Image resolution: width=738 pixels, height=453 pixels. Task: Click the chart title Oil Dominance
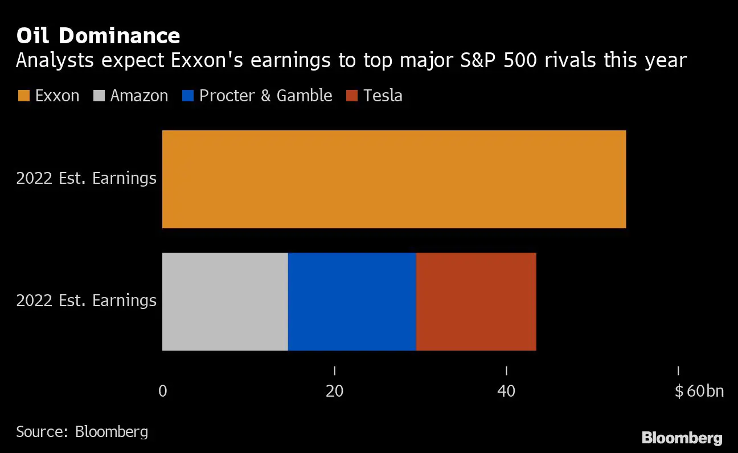coord(98,36)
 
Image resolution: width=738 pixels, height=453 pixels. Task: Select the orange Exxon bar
coord(393,179)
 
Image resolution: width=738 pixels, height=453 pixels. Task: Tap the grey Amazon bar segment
coord(225,302)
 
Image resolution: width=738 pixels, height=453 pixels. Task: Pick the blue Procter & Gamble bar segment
coord(352,302)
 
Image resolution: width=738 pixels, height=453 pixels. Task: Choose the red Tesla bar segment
coord(476,302)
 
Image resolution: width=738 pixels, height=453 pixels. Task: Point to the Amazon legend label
coord(139,96)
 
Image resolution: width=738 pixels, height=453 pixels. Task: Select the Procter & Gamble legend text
coord(265,96)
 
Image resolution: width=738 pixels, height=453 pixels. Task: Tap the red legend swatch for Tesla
coord(351,96)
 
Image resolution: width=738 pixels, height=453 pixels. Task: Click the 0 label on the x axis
coord(162,392)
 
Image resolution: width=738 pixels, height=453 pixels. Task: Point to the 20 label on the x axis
coord(334,392)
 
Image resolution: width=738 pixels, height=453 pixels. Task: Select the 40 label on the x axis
coord(506,392)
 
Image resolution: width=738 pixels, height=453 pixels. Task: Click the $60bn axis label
coord(699,392)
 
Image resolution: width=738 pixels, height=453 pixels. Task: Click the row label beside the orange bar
coord(86,178)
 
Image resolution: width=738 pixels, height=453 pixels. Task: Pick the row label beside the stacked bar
coord(86,300)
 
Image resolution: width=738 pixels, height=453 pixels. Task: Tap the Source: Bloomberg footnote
coord(82,431)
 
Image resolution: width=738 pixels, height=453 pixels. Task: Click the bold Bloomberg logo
coord(682,438)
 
